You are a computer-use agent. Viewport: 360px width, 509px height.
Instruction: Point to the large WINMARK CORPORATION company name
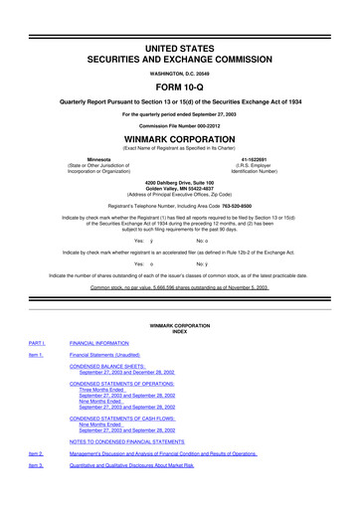[179, 138]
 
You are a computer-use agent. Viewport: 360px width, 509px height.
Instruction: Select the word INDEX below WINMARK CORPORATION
[180, 332]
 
